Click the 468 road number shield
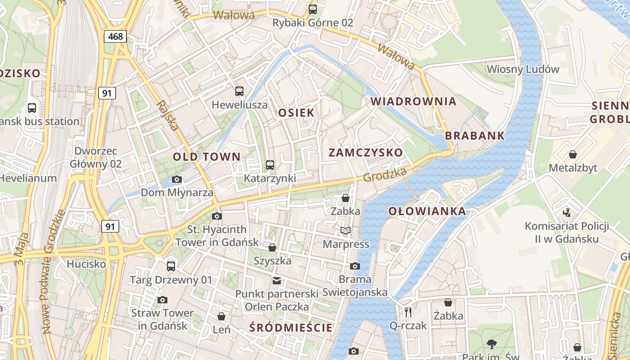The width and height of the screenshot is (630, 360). (116, 36)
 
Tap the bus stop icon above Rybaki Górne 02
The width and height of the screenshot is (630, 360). (312, 9)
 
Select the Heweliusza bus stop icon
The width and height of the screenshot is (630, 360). (239, 91)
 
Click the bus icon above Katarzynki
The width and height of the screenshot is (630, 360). (270, 165)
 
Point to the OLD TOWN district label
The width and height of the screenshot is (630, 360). (207, 157)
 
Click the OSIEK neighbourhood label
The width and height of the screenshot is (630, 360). (296, 112)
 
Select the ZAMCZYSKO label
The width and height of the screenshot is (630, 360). (365, 153)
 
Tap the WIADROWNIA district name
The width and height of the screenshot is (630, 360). (414, 101)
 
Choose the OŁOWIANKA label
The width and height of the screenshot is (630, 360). (427, 211)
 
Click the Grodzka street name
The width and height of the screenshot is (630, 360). (385, 175)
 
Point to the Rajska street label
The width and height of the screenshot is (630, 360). (168, 116)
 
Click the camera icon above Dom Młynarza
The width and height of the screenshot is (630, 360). (177, 179)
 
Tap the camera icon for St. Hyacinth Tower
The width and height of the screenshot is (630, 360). (217, 216)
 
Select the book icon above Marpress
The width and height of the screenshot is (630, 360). (346, 231)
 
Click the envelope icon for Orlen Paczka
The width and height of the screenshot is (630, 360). (277, 281)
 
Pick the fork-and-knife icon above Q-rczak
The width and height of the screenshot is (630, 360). (408, 312)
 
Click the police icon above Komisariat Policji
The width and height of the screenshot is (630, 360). (567, 212)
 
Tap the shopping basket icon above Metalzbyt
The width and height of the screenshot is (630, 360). (573, 154)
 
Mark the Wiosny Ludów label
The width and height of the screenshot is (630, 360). (523, 69)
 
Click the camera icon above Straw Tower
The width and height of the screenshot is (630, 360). (162, 300)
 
